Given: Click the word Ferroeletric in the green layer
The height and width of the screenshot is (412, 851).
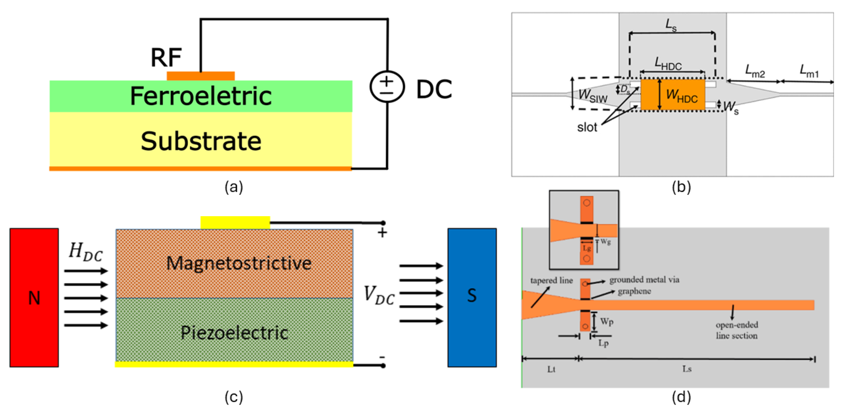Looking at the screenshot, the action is [201, 96].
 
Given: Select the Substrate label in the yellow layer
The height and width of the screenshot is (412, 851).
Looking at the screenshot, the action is [201, 141].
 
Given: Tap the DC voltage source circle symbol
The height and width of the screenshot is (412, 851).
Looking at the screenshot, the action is [387, 86].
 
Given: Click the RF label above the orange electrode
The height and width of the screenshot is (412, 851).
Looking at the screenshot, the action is [166, 57].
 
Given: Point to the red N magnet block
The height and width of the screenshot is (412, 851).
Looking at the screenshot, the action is [34, 297].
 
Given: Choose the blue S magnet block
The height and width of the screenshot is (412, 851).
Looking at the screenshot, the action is [472, 297].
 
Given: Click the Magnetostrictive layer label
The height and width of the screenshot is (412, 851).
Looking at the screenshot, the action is [239, 263].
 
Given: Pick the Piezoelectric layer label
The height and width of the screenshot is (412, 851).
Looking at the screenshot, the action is [234, 332].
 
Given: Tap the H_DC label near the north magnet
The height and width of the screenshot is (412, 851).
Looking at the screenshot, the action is [86, 252].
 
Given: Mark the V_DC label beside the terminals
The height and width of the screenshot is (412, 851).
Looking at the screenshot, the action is [379, 295].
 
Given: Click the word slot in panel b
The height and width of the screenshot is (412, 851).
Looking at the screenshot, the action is [587, 127].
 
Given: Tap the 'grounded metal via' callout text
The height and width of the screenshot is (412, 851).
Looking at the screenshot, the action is [644, 280].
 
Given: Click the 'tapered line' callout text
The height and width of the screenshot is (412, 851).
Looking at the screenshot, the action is [551, 280].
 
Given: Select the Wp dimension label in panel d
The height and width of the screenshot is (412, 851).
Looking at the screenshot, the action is [607, 321].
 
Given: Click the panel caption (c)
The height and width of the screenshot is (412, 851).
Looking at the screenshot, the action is [234, 396].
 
